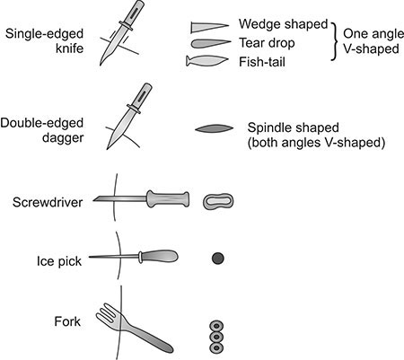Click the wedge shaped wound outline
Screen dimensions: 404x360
209,27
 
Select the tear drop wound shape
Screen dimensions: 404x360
211,44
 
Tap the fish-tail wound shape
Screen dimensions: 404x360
207,61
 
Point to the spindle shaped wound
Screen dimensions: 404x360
214,128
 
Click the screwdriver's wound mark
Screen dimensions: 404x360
218,201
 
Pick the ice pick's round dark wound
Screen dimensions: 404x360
218,259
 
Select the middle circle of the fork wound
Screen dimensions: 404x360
216,337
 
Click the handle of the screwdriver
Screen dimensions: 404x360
168,199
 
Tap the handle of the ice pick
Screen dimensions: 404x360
159,257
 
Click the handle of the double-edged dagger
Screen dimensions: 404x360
140,96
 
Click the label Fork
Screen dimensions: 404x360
67,321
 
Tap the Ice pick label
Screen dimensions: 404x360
59,261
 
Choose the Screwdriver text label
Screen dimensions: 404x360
48,202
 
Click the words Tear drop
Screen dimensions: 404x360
267,43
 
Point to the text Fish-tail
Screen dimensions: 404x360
262,62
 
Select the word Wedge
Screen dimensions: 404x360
259,24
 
